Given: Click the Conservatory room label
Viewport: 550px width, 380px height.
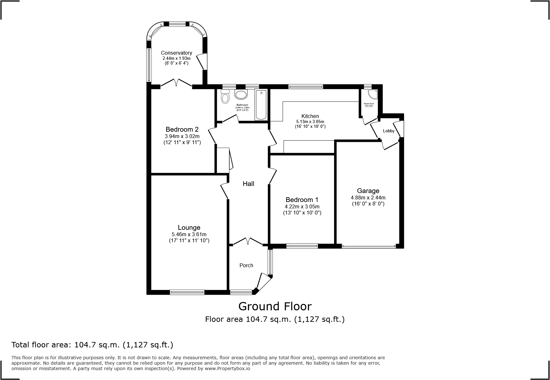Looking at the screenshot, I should pos(176,53).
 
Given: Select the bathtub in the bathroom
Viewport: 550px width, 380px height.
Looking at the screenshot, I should pos(261,105).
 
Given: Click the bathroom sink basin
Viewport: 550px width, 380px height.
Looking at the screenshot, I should pos(241,95).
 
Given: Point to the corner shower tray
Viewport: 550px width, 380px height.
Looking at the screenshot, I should pos(372,94).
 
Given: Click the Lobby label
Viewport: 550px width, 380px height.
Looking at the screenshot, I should pos(389,131).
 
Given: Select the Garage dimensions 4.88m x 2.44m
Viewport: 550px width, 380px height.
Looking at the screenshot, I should pos(368,198).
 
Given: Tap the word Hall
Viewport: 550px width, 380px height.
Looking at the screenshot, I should pos(248,183).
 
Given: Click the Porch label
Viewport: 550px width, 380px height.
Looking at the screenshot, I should pos(246,265).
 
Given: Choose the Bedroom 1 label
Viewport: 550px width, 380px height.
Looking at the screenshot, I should pos(302,200).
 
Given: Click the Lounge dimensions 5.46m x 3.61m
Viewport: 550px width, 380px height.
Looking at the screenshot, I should pos(189,234).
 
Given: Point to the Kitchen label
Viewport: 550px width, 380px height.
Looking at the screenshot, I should pos(310,116).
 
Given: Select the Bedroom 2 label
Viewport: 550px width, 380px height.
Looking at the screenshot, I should pos(182,129).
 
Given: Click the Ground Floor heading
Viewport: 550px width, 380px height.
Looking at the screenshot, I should pos(275,306).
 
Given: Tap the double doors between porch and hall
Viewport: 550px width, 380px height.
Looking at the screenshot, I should pos(248,241).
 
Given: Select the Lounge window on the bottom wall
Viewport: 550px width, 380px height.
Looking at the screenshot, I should pos(187,292).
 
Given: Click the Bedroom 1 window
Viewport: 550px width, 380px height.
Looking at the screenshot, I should pos(302,246).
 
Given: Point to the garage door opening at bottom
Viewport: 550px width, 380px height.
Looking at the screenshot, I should pos(369,246).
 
